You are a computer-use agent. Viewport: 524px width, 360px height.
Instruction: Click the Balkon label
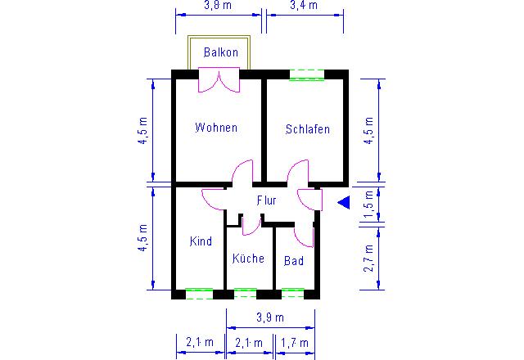(x=221, y=52)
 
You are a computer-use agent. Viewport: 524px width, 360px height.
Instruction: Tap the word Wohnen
(x=216, y=128)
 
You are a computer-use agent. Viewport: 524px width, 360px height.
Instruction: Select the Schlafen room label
(x=308, y=129)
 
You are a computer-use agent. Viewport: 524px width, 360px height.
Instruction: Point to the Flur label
(x=266, y=200)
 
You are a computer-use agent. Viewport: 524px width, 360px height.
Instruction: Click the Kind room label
(x=201, y=241)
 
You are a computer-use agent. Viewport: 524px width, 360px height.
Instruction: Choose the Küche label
(x=248, y=258)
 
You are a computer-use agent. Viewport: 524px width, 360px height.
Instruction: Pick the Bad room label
(x=294, y=260)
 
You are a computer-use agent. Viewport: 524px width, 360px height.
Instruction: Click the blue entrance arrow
(x=344, y=202)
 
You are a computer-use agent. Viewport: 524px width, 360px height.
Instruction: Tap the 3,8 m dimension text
(x=218, y=5)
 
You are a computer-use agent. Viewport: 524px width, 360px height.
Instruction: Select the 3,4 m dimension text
(x=304, y=5)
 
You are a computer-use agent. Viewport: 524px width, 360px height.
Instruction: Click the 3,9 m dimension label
(x=270, y=317)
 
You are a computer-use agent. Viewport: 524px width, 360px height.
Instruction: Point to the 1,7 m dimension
(x=295, y=343)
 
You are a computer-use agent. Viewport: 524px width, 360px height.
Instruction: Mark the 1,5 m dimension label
(x=368, y=204)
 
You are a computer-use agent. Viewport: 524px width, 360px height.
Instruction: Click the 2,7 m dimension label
(x=368, y=258)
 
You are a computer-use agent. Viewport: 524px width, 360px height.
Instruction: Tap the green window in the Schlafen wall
(x=307, y=74)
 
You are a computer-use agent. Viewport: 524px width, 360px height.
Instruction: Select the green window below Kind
(x=199, y=294)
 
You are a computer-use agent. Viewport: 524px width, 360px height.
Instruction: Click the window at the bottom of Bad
(x=293, y=294)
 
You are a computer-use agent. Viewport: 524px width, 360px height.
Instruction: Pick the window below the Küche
(x=246, y=294)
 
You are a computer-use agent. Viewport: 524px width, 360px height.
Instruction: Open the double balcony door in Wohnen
(x=219, y=79)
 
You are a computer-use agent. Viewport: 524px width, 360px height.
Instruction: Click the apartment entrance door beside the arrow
(x=309, y=200)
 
